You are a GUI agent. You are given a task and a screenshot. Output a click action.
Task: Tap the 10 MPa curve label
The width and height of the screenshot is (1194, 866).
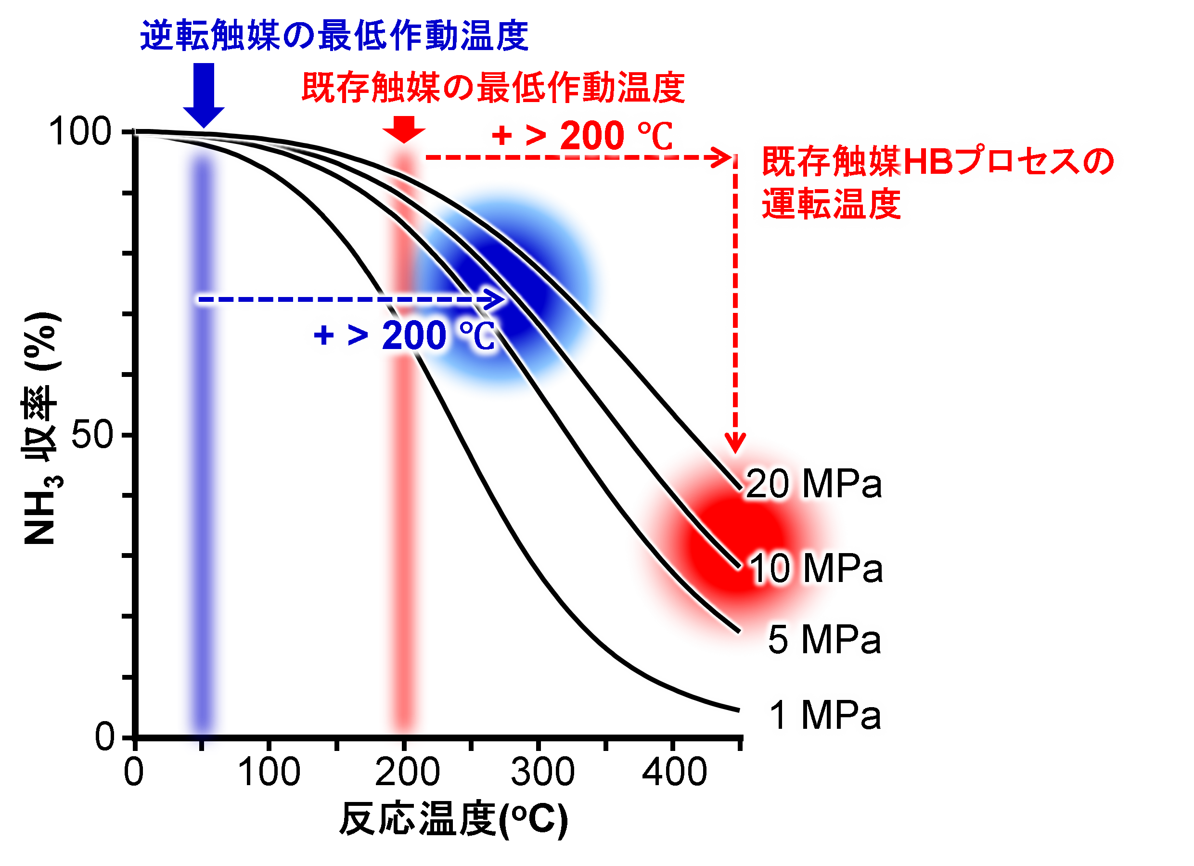click(817, 568)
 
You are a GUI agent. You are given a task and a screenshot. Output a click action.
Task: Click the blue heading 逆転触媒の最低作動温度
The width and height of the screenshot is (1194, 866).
click(334, 36)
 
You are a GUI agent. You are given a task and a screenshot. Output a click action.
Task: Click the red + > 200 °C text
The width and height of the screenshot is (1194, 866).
click(582, 135)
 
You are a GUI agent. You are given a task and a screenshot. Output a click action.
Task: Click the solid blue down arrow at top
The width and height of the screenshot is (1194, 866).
click(204, 95)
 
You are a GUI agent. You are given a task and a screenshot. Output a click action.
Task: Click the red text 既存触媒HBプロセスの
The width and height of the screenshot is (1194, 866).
click(937, 161)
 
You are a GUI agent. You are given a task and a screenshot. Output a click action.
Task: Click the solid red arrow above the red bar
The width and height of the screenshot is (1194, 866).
click(404, 129)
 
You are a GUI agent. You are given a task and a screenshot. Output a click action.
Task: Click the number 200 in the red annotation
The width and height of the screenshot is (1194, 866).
click(592, 135)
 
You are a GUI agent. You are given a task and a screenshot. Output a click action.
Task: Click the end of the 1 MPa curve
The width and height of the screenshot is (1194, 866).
click(739, 711)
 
